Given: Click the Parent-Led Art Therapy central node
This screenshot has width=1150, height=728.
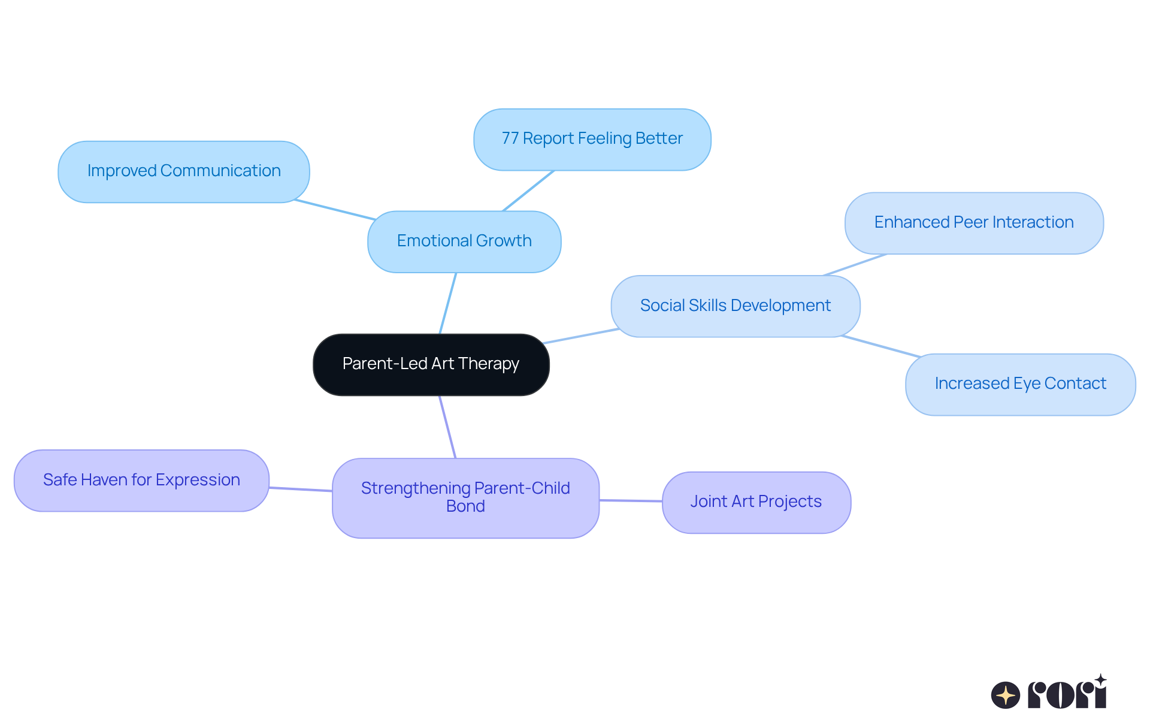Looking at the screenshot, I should pos(431,364).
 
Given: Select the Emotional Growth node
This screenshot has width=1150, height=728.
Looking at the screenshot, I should pos(464,241).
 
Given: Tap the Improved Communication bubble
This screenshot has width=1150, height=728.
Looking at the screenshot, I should pos(184,171).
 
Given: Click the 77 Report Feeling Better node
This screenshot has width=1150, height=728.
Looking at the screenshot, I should pos(592,139).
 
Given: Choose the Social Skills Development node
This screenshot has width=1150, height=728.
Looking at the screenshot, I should pos(735,306).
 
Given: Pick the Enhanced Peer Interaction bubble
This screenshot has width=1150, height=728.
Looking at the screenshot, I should pos(973,223).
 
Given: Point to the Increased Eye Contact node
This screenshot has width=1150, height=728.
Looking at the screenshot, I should pos(1020,384).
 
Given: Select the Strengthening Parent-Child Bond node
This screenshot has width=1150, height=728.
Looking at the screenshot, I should pos(465,497).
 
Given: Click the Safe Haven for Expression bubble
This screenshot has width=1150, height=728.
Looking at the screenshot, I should pos(141,481).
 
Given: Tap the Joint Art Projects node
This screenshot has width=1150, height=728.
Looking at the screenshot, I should pos(756,502).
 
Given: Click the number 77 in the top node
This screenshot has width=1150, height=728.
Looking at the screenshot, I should pos(510,138).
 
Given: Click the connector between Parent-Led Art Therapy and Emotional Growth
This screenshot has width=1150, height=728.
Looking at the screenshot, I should pos(448,303).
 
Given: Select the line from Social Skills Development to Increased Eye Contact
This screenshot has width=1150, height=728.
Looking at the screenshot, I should pos(880,346).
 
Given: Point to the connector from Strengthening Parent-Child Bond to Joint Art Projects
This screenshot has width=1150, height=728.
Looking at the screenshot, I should pos(630,500).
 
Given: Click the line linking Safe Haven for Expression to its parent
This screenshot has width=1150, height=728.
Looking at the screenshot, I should pos(301,490).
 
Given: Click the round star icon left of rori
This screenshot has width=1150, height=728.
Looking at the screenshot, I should pos(1005,695).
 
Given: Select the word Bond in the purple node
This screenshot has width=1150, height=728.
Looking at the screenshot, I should pos(465,506).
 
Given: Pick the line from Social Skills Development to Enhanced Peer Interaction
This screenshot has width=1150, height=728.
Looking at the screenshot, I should pos(855,265).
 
